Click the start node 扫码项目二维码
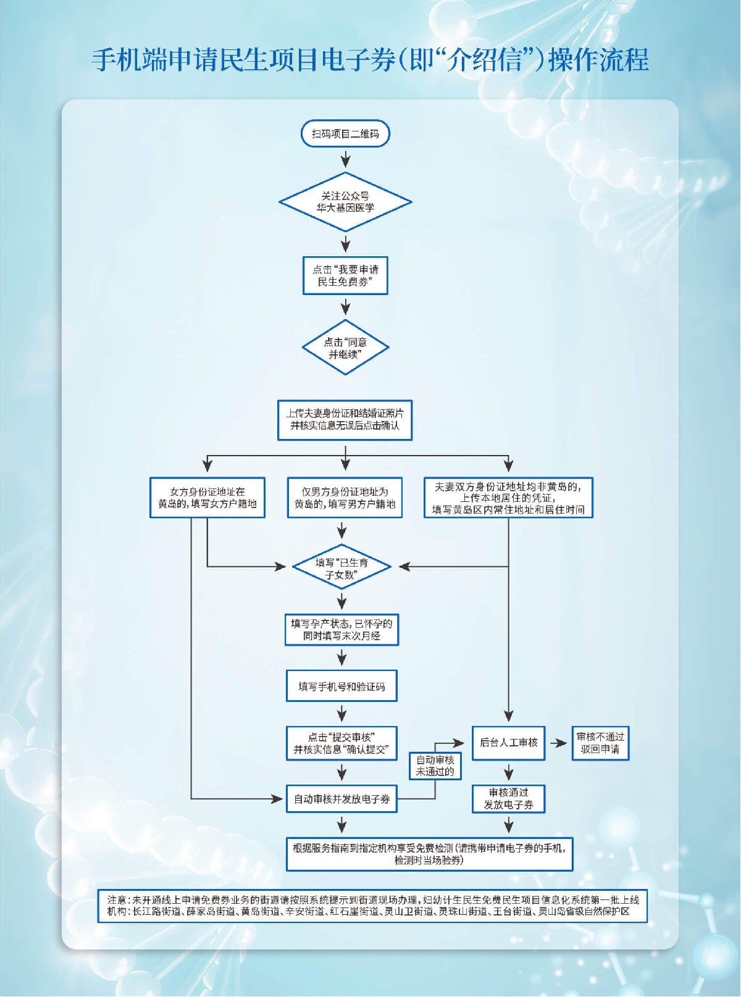click(345, 134)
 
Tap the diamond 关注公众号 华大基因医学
click(345, 202)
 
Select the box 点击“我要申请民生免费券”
click(345, 275)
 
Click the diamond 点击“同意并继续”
click(345, 348)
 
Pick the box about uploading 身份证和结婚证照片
click(345, 420)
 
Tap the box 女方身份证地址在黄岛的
click(207, 498)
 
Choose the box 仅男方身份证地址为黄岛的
click(345, 498)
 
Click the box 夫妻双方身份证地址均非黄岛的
click(508, 498)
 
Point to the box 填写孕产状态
click(341, 630)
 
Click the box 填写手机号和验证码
click(341, 686)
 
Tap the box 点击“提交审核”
click(341, 743)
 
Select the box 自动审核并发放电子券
click(341, 799)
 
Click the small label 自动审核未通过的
click(435, 765)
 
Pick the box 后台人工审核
click(508, 743)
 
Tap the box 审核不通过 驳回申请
click(600, 743)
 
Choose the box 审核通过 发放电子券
click(508, 799)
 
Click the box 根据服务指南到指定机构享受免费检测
click(429, 854)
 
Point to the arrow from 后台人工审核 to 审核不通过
click(558, 743)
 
